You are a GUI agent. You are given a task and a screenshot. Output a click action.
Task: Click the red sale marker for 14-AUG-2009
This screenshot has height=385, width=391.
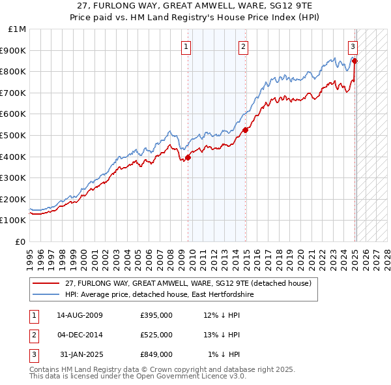pos(188,157)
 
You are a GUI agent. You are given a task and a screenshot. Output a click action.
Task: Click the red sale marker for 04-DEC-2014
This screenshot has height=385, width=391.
pos(246,130)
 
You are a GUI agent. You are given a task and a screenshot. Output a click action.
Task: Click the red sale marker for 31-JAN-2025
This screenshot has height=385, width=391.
pos(355,61)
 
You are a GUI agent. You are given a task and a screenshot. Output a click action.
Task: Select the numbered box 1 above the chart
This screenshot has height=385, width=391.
pos(186,46)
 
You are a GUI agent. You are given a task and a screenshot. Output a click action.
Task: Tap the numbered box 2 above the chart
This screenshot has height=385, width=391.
pos(242,46)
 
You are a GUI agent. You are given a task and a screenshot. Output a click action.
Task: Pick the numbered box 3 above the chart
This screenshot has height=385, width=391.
pos(353,46)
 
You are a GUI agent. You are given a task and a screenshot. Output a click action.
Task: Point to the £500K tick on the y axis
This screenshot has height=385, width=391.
pos(16,135)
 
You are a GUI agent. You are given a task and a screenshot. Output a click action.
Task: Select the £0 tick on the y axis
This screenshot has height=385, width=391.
pos(21,241)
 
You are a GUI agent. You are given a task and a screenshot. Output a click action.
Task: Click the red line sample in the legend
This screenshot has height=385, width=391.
pos(46,283)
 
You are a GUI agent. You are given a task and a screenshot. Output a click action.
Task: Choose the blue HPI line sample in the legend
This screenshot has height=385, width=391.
pos(46,295)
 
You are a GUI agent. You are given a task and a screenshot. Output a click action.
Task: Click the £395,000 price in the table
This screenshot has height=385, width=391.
pos(156,315)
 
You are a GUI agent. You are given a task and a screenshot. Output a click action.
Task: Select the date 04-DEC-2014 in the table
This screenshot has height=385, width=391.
pos(80,335)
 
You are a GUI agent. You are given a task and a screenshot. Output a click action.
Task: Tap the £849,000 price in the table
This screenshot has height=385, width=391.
pos(156,354)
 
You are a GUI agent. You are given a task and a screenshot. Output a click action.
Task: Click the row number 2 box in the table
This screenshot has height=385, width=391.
pos(33,335)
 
